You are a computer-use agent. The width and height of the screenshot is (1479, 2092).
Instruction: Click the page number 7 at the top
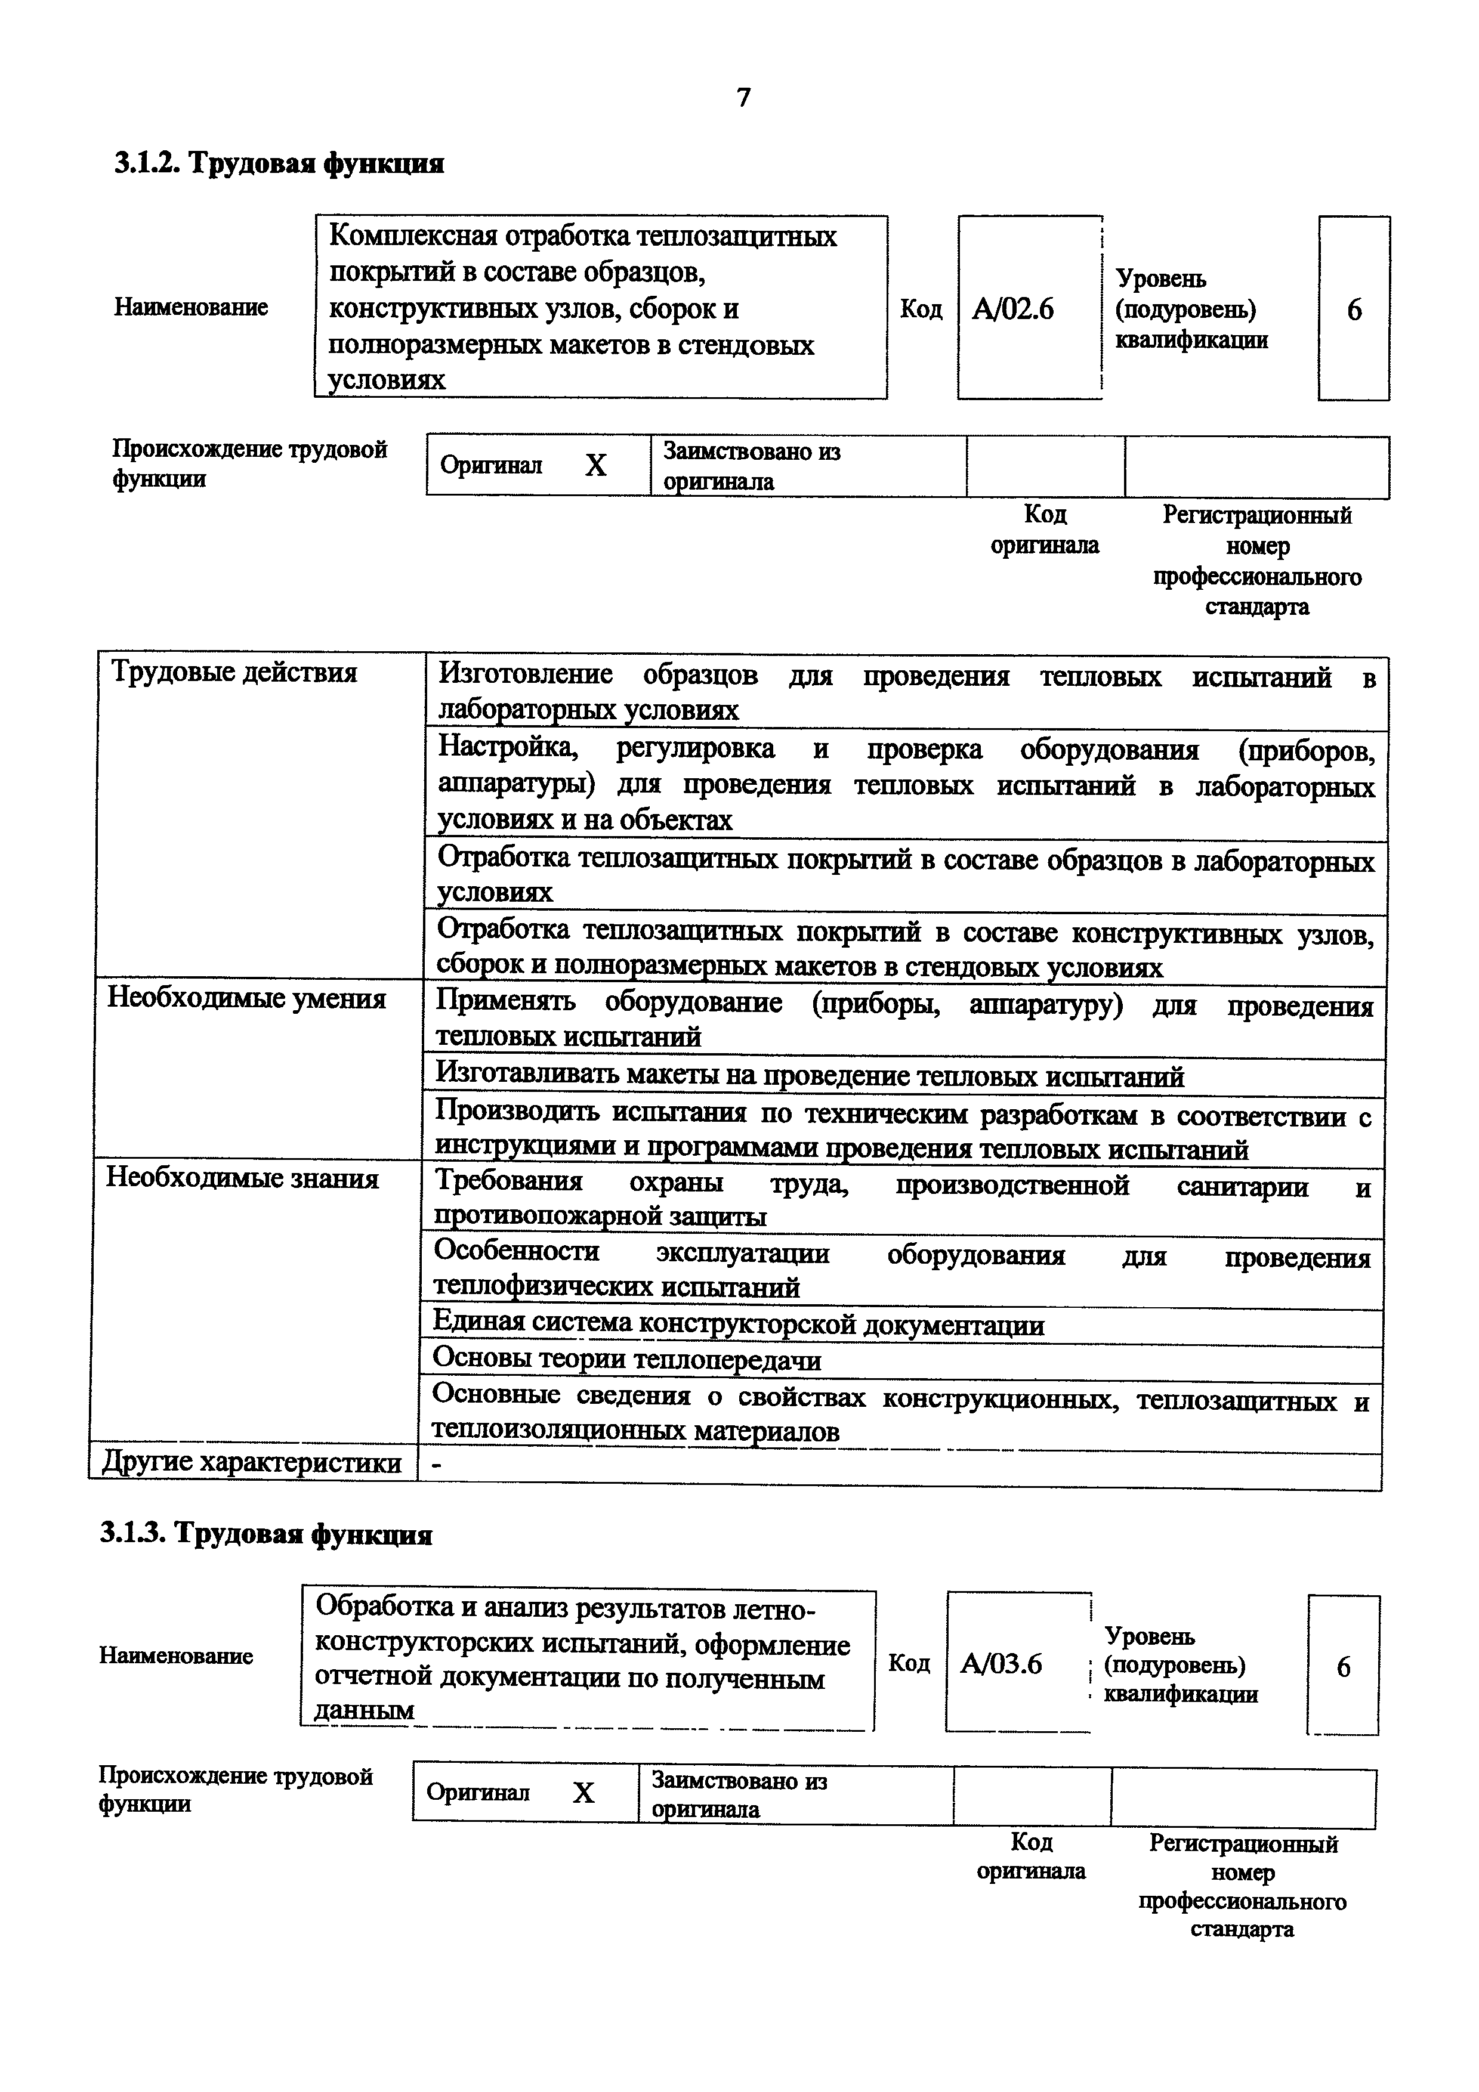743,97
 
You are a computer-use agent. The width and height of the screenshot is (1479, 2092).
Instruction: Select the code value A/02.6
1012,310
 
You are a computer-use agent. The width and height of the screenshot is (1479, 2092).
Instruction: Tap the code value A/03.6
1001,1664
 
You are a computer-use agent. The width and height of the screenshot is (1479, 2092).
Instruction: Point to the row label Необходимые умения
246,999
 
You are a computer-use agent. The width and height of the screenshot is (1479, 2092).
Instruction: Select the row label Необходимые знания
242,1178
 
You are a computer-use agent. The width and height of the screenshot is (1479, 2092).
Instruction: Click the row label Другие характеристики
252,1462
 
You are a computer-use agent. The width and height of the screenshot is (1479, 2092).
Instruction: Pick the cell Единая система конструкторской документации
738,1325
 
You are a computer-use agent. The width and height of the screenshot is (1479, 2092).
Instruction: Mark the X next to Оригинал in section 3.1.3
583,1793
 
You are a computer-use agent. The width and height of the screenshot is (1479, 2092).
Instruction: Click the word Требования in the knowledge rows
508,1182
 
